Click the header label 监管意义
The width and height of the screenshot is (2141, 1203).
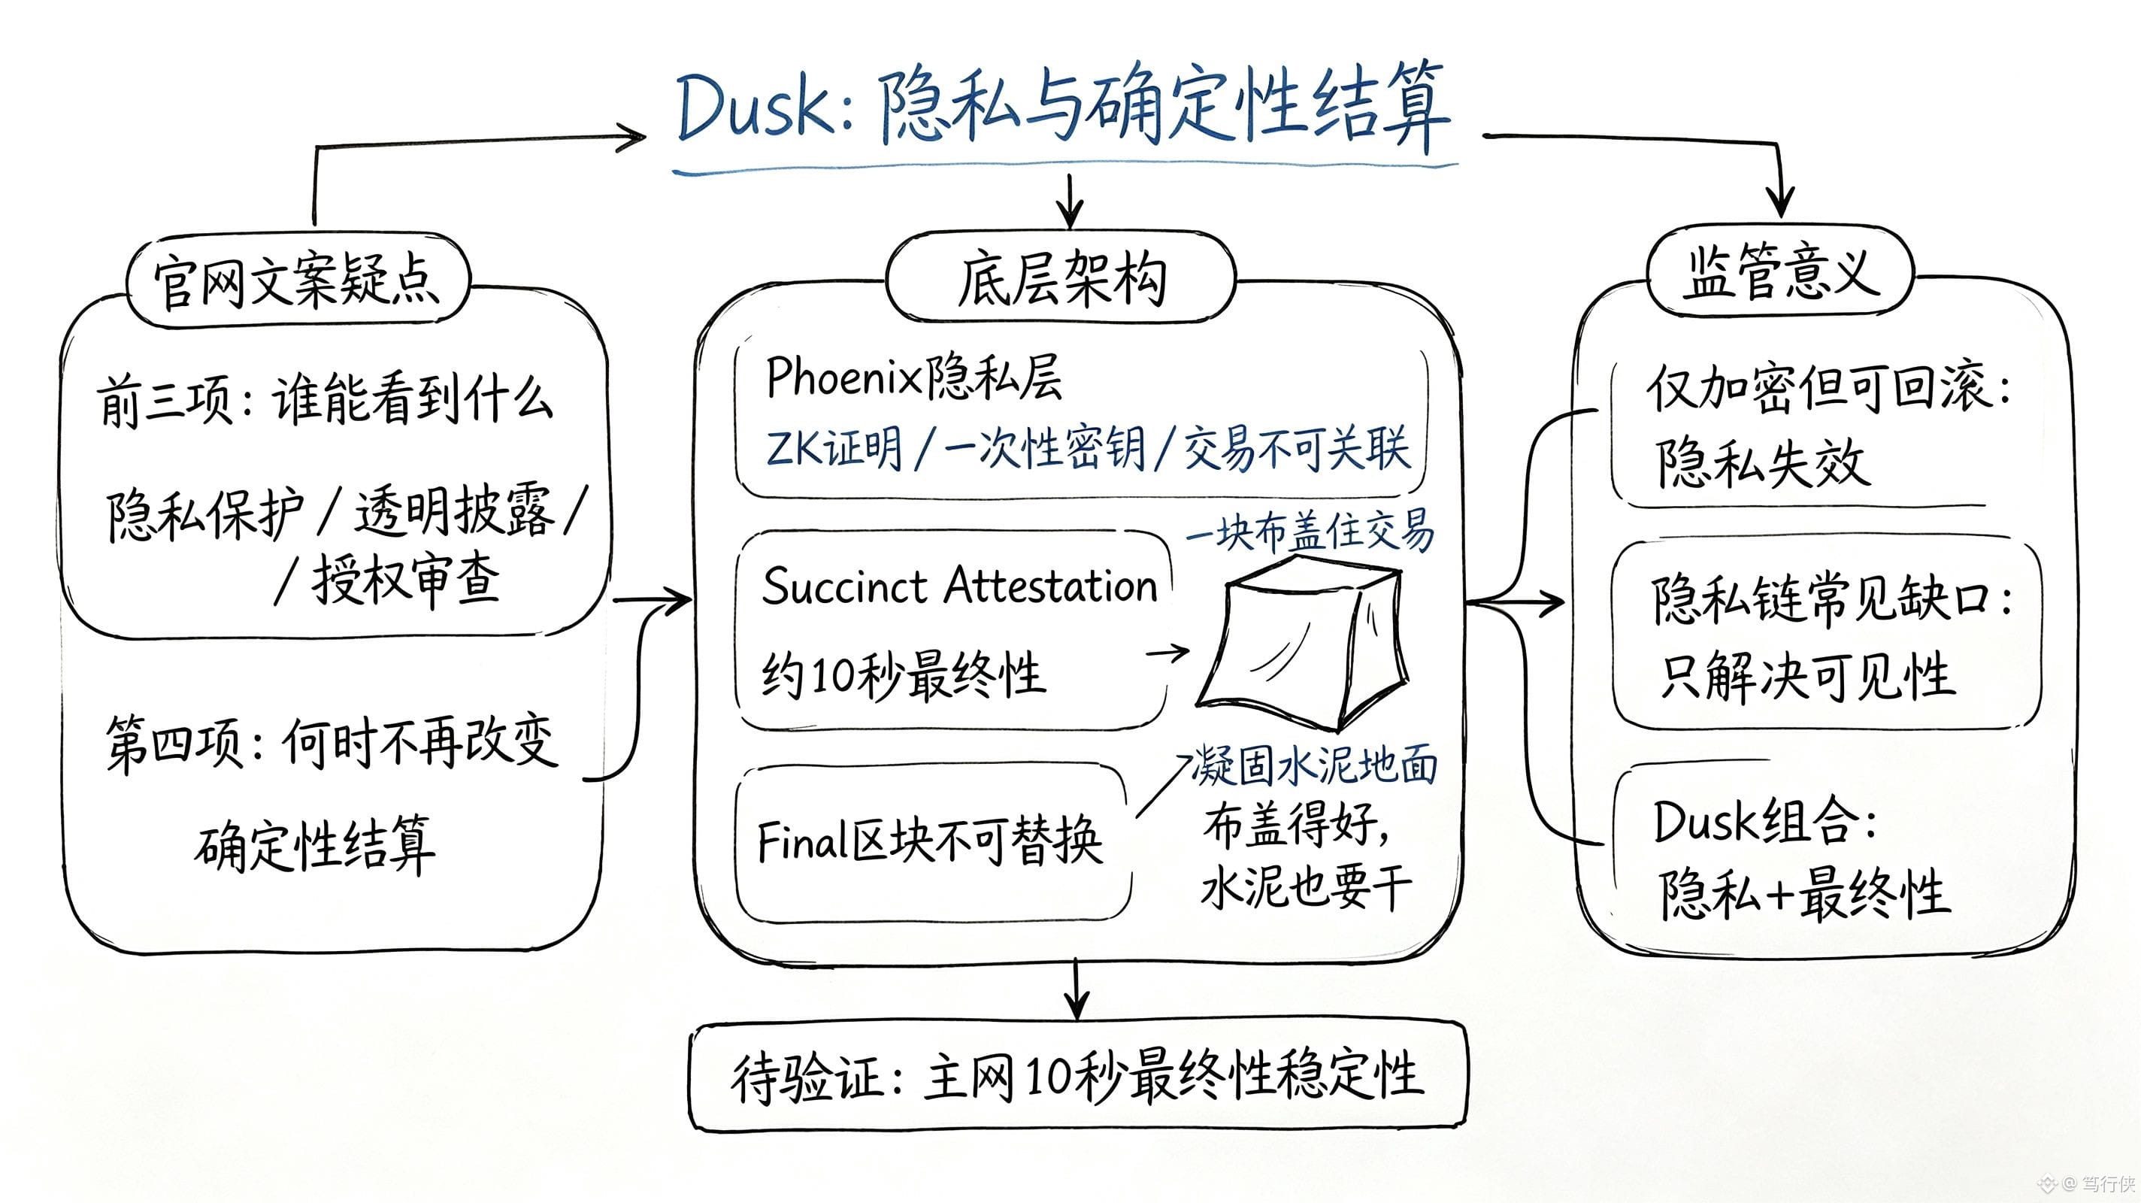(1780, 273)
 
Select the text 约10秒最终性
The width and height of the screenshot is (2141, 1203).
(903, 673)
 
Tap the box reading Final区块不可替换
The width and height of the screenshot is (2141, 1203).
(932, 841)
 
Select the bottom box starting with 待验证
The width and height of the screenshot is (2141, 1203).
(1078, 1076)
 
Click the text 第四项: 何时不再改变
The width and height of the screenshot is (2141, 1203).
(331, 741)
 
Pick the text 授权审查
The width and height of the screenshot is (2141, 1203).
(406, 580)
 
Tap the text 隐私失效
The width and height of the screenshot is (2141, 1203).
(1762, 462)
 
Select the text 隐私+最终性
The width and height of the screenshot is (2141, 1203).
(1803, 893)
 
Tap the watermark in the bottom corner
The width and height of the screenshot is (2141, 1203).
(2085, 1182)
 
